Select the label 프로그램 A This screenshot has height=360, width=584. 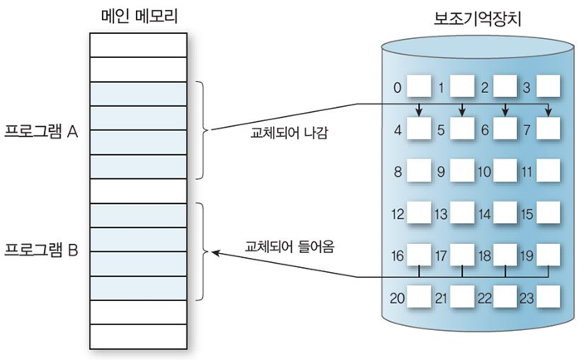pyautogui.click(x=41, y=131)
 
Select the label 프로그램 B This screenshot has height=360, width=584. pyautogui.click(x=41, y=250)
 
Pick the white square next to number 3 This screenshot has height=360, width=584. pyautogui.click(x=547, y=86)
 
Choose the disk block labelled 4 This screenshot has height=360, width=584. pyautogui.click(x=418, y=129)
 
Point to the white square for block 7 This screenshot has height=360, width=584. pyautogui.click(x=547, y=129)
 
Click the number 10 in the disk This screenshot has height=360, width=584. pyautogui.click(x=485, y=173)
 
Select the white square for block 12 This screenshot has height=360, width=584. pyautogui.click(x=418, y=215)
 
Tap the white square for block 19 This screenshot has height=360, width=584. pyautogui.click(x=547, y=255)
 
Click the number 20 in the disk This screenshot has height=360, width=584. pyautogui.click(x=398, y=296)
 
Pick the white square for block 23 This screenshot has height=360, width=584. pyautogui.click(x=547, y=296)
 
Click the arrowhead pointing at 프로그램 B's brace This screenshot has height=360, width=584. pyautogui.click(x=216, y=252)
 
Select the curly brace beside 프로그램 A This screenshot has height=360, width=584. pyautogui.click(x=202, y=130)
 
